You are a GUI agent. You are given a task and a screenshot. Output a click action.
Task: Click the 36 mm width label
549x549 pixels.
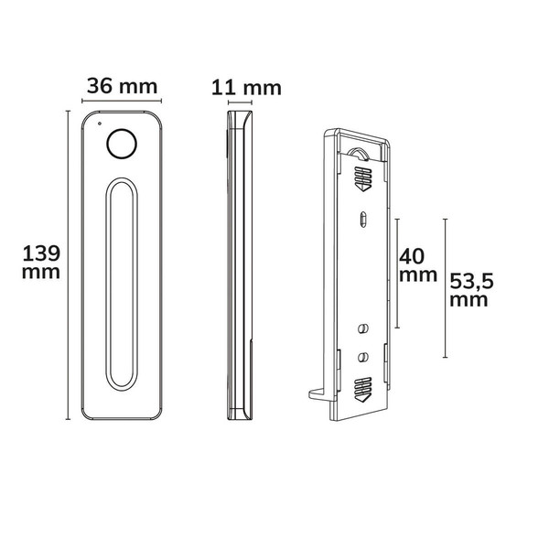coord(122,86)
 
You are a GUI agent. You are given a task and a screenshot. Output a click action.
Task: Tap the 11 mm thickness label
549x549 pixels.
coord(246,88)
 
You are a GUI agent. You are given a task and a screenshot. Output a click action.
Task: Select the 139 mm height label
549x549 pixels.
coord(41,263)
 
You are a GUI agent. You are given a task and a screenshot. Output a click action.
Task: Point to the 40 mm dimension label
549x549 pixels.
coord(418,265)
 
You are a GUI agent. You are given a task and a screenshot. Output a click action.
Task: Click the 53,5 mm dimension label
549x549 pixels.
coord(471,290)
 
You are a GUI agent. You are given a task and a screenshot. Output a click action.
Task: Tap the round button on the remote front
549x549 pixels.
coord(122,144)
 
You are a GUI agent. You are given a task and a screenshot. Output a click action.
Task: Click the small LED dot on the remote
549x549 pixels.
coord(100,124)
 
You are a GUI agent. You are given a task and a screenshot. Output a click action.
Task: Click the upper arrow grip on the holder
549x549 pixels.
coord(362,178)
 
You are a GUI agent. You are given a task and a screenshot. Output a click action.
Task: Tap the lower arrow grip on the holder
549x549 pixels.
coord(362,390)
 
